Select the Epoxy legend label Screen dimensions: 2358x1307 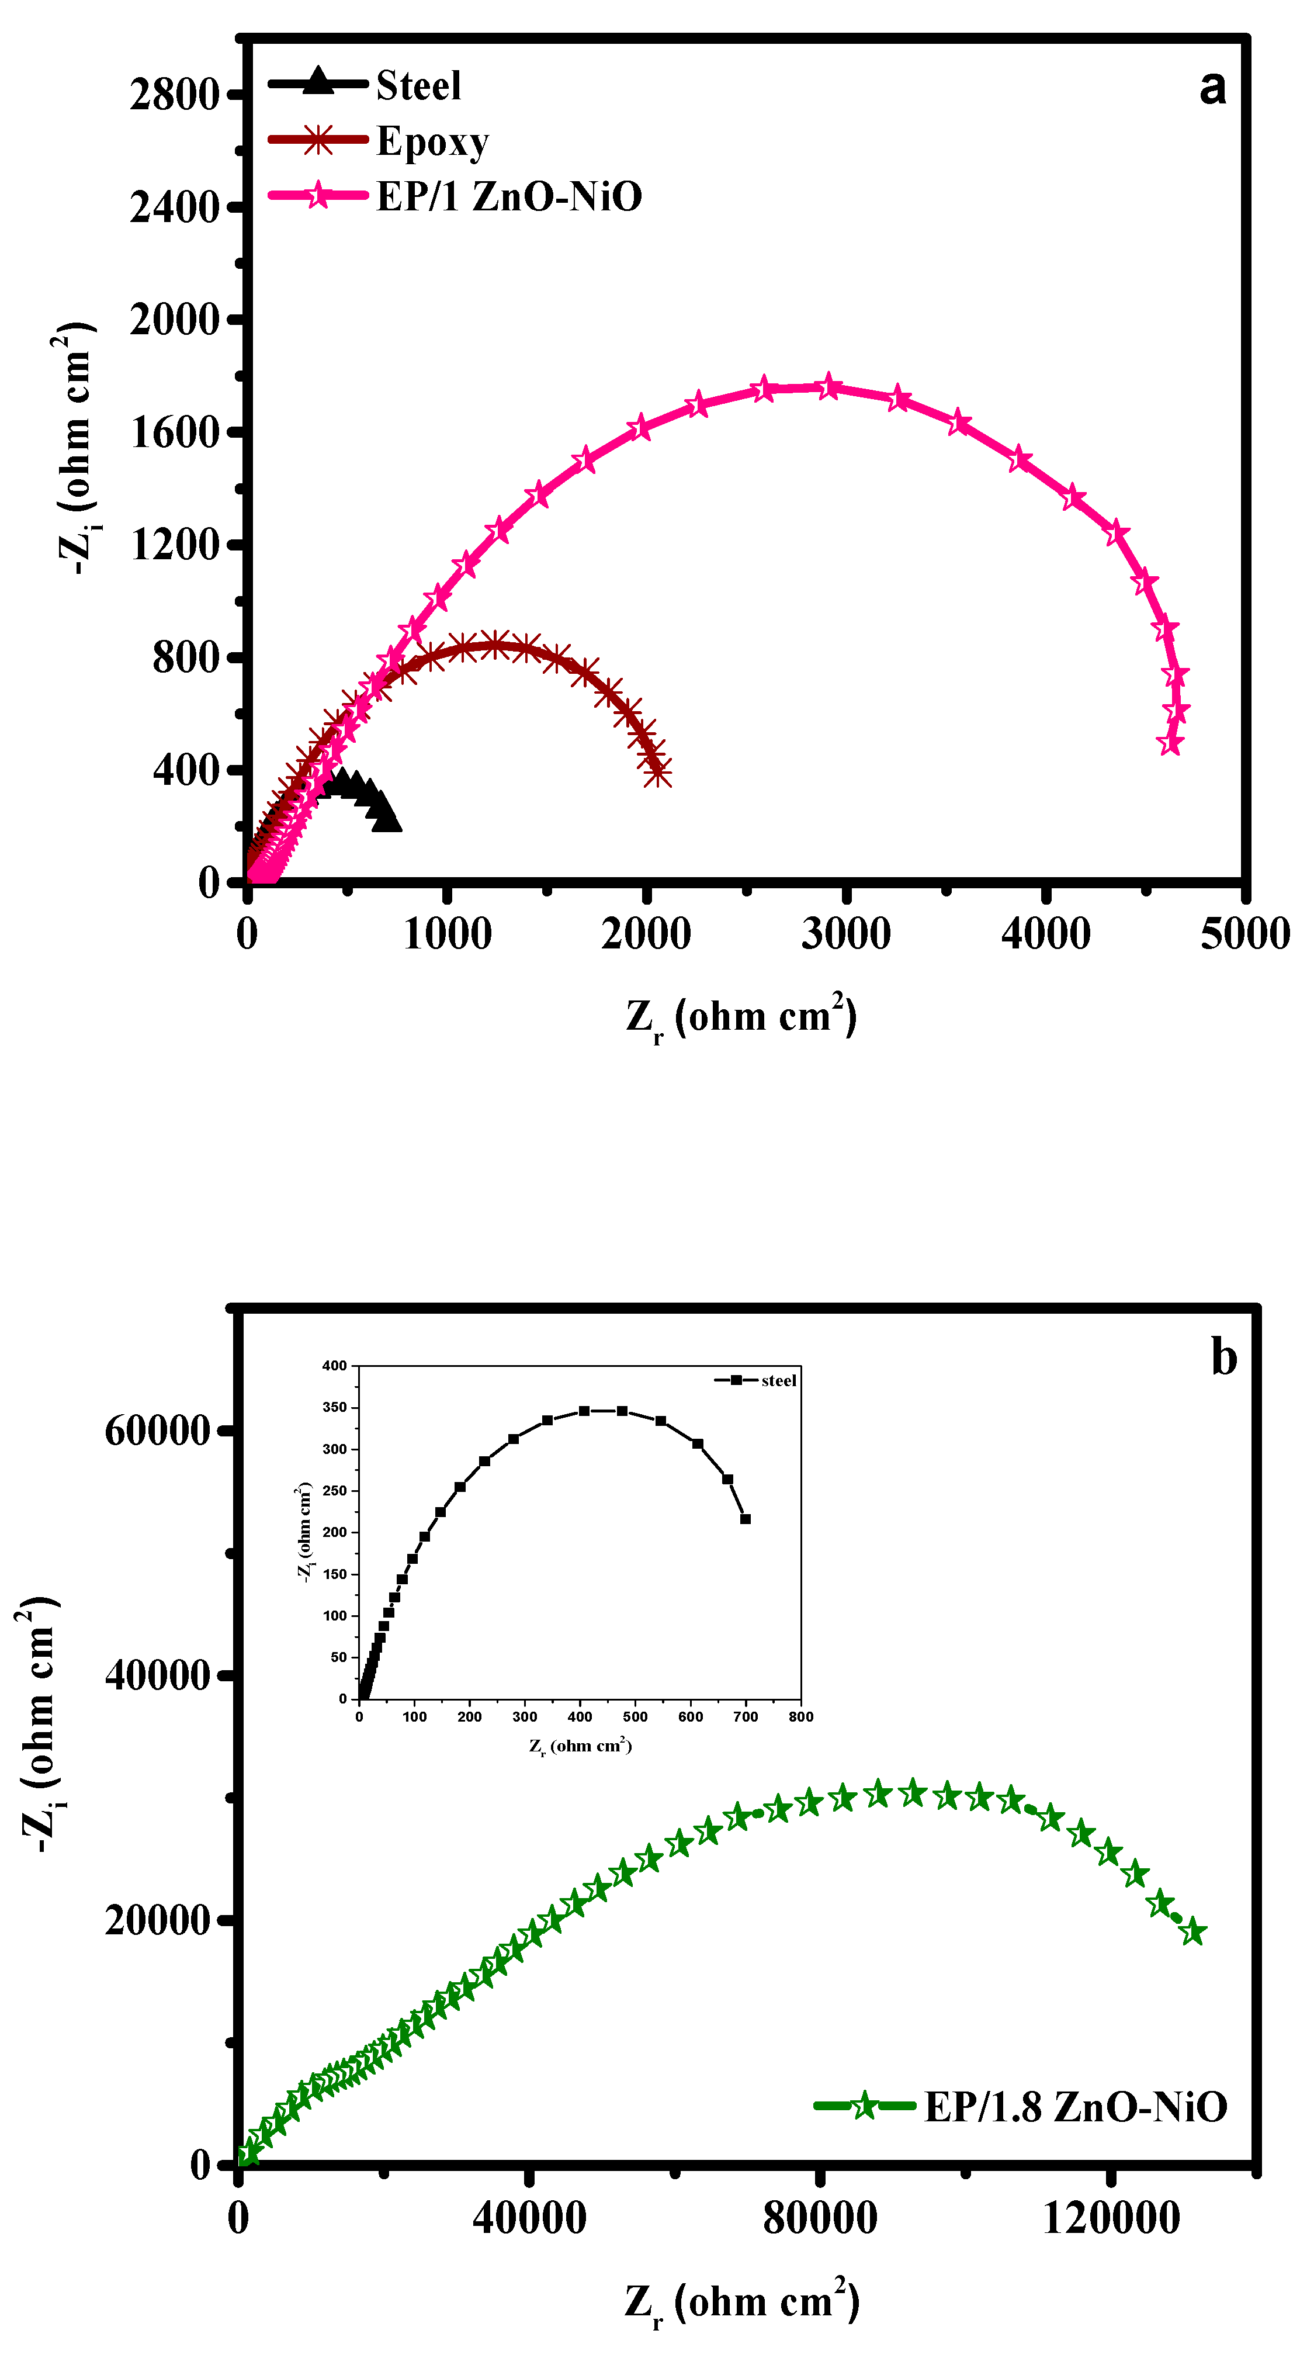(432, 142)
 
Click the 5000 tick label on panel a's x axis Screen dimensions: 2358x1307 (1244, 934)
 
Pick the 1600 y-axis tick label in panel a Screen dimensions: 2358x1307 (174, 432)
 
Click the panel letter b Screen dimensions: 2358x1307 (1223, 1356)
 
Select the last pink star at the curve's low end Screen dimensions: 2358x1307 (1169, 744)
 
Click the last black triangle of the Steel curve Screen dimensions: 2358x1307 (388, 819)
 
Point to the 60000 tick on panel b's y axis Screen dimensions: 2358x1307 (157, 1431)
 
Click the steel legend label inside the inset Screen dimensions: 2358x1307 (778, 1380)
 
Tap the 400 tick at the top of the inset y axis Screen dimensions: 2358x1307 (334, 1366)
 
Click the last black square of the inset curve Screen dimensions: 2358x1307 (745, 1519)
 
